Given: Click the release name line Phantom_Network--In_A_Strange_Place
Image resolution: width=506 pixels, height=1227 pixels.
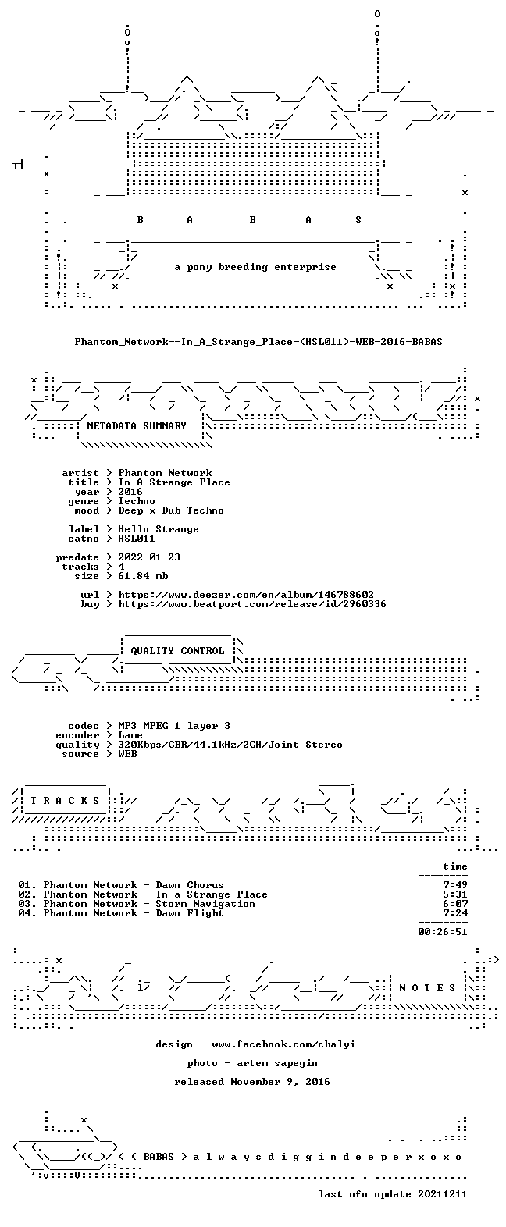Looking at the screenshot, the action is tap(258, 342).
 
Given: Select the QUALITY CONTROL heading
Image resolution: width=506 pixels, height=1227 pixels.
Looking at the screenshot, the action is tap(177, 651).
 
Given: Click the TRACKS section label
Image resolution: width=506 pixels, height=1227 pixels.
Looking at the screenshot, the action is tap(65, 801).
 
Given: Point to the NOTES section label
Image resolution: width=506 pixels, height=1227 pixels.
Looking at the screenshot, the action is tap(427, 988).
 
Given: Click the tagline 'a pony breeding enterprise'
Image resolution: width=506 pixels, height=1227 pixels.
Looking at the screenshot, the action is tap(255, 267).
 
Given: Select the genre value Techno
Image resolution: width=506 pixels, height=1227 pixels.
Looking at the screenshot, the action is tap(137, 501).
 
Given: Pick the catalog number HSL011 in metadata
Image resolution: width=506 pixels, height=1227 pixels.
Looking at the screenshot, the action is tap(137, 539).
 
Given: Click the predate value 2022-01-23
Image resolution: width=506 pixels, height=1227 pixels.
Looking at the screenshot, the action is tap(149, 557).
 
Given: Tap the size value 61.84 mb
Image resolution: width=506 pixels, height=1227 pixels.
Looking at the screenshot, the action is tap(143, 576).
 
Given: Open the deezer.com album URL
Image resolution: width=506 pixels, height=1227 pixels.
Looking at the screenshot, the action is tap(246, 595).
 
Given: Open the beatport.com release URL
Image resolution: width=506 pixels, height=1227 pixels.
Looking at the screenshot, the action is tap(252, 604).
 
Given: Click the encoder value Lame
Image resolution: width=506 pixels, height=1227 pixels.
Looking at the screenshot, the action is tap(130, 735).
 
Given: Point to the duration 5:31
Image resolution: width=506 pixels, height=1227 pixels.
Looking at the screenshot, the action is tap(455, 895).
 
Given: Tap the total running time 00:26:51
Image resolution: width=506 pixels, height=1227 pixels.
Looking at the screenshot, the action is tap(443, 932).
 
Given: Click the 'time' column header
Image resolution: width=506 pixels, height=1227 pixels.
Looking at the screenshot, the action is tap(455, 866).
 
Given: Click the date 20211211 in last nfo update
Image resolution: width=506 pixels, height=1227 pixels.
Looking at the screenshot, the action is tap(443, 1194).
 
